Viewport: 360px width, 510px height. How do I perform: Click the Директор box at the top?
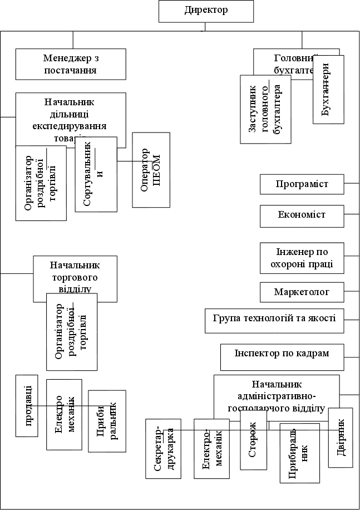[x=205, y=11]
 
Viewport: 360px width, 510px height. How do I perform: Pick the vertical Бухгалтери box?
[x=328, y=89]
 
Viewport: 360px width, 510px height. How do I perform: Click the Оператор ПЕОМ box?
[x=151, y=170]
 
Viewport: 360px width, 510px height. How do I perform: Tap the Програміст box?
[x=302, y=184]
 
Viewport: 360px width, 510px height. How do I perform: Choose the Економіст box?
[x=302, y=215]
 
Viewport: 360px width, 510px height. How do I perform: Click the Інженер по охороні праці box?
[x=302, y=257]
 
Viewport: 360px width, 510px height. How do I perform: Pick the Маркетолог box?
[x=302, y=292]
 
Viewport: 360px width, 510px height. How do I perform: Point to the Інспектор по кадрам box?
[x=282, y=357]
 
